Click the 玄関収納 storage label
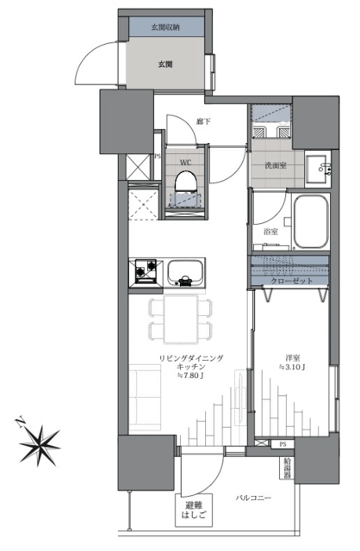165,28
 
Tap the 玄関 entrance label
165,65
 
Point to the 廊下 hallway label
203,122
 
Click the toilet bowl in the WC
186,182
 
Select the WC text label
186,163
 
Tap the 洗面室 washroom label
276,165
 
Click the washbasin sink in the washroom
319,168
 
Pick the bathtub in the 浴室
311,222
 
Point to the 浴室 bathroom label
270,232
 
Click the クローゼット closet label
292,281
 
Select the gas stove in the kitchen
146,271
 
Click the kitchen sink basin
185,272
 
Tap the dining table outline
181,319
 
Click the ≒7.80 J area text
191,375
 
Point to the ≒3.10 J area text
292,368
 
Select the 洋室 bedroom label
292,359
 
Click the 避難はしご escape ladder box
194,511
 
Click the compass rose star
39,445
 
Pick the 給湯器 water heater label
288,468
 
